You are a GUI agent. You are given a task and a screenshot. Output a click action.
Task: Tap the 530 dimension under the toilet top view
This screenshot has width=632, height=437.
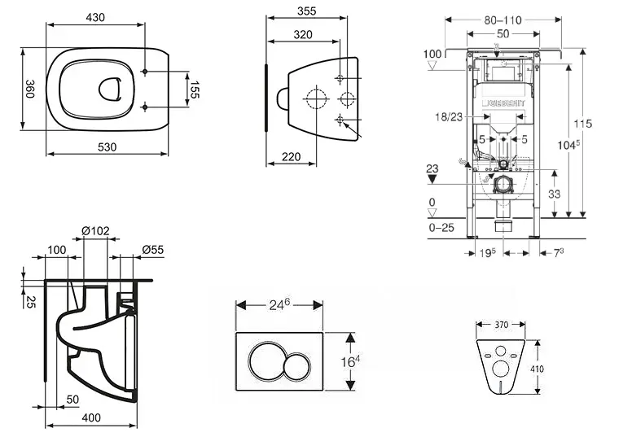(x=108, y=146)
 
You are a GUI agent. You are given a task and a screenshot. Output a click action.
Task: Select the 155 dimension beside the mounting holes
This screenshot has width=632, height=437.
(x=195, y=90)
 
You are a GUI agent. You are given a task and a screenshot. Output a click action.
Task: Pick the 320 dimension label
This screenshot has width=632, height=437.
(x=303, y=34)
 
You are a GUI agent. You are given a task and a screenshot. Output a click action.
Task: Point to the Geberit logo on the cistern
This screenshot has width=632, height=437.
(x=505, y=103)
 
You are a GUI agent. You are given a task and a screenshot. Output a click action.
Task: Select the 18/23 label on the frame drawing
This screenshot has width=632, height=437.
(x=448, y=117)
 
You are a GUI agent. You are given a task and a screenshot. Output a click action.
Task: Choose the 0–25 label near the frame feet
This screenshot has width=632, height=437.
(x=442, y=229)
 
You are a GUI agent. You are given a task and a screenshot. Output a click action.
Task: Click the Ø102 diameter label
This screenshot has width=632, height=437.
(x=95, y=231)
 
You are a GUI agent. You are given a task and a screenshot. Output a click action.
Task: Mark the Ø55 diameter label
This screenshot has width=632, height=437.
(x=151, y=249)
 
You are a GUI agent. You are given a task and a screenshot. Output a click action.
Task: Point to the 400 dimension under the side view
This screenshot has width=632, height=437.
(x=90, y=417)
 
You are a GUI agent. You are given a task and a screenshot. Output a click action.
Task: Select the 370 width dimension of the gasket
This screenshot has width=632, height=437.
(x=501, y=325)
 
